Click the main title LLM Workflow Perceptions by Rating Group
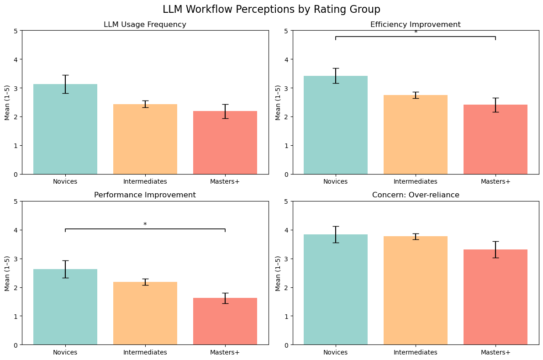point(271,10)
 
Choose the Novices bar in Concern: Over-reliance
point(336,290)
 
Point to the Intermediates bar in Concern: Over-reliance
point(416,291)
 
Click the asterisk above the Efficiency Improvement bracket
point(416,32)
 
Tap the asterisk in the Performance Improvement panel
point(145,225)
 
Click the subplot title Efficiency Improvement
point(416,25)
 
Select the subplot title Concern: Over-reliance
point(416,195)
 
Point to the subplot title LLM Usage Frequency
point(145,25)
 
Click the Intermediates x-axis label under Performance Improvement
point(145,352)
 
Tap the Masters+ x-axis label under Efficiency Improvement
point(496,181)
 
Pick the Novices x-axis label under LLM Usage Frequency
point(65,181)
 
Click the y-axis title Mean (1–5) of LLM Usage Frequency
point(7,103)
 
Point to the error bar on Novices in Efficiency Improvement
point(336,75)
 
